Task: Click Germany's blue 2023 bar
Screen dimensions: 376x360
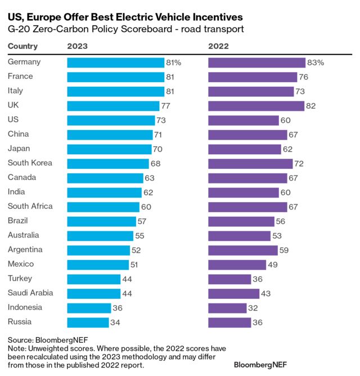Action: (115, 62)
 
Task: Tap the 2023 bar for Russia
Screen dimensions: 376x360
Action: (88, 323)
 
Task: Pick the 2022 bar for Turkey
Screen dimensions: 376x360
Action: (229, 279)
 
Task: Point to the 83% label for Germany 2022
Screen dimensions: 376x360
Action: (316, 62)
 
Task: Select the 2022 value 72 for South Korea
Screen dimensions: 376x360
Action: (300, 164)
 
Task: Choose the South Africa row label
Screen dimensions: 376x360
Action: (30, 206)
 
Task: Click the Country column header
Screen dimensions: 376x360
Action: (22, 47)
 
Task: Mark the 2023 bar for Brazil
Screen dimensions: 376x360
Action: (102, 221)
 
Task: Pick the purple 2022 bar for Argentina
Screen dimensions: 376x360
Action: (243, 250)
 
